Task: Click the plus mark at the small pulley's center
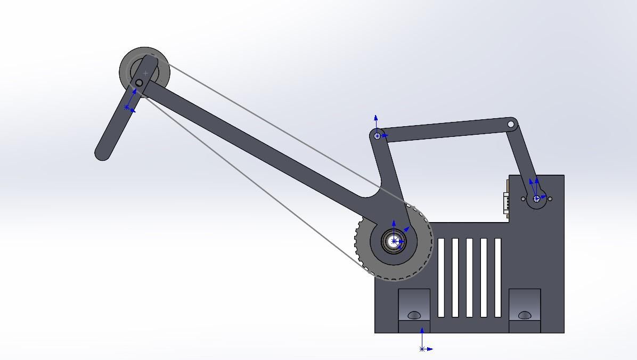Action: coord(145,73)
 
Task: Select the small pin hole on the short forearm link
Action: coord(139,83)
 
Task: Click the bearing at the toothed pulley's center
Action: coord(394,241)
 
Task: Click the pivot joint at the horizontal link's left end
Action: coord(378,136)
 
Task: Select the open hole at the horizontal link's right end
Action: coord(511,124)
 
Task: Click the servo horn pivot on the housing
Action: coord(536,199)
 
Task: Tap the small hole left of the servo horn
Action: coord(523,199)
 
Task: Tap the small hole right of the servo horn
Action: coord(550,199)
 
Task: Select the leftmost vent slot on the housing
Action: coord(441,277)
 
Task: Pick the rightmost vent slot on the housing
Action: coord(498,277)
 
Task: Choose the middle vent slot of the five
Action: coord(469,277)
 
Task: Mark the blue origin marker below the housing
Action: coord(422,349)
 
